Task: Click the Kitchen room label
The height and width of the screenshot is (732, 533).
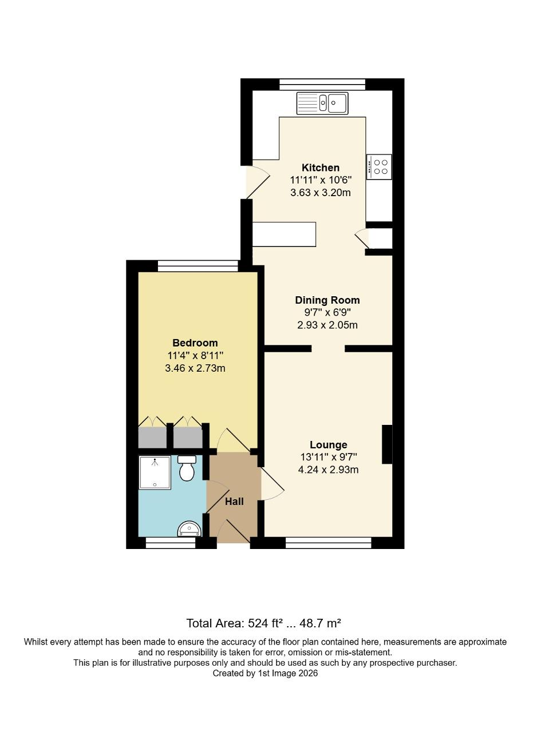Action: (x=321, y=168)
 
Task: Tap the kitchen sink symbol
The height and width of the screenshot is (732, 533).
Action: (x=322, y=104)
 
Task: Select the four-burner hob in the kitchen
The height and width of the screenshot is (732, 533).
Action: (x=379, y=167)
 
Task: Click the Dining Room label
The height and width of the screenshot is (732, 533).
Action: (x=327, y=300)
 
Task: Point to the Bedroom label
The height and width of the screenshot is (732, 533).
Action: (x=195, y=343)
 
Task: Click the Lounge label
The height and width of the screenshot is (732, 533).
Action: (x=328, y=445)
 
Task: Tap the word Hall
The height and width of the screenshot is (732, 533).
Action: (x=234, y=502)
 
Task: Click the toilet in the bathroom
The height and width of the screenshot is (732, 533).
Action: (x=187, y=468)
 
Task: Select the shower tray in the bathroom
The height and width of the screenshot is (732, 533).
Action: (x=155, y=472)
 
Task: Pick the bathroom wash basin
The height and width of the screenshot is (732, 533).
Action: (x=189, y=529)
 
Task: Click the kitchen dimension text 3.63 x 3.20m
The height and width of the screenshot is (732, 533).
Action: (x=321, y=193)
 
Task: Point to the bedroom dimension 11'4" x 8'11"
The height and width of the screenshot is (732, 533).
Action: (x=195, y=356)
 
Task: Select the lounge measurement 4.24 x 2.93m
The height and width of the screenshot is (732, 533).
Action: (x=328, y=470)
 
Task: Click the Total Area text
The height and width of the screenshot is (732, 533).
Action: (x=264, y=623)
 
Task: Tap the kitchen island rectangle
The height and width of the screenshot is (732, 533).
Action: (x=285, y=234)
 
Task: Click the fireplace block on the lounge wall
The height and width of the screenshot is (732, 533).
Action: (x=388, y=444)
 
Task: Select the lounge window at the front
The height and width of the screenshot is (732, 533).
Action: (x=329, y=543)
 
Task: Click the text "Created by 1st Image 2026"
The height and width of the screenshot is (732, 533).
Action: (x=265, y=674)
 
